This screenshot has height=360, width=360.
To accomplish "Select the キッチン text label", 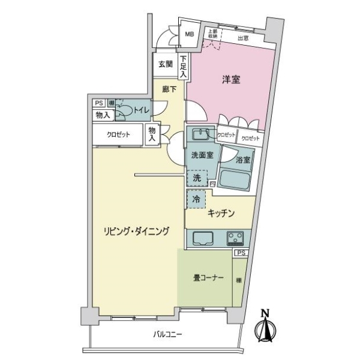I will click(x=221, y=214).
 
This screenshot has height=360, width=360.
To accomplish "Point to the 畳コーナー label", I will click(x=208, y=278).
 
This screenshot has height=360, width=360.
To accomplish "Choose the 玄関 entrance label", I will click(x=166, y=64).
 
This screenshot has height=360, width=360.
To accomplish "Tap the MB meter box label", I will click(x=189, y=35).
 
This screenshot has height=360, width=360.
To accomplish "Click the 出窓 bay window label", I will click(x=243, y=38).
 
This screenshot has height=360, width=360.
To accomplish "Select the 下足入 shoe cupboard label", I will click(x=183, y=66).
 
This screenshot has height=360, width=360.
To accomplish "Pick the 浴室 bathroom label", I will click(x=242, y=160).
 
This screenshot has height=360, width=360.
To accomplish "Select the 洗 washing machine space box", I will click(x=197, y=178).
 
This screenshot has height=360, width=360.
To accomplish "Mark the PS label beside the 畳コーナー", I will click(x=241, y=254).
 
